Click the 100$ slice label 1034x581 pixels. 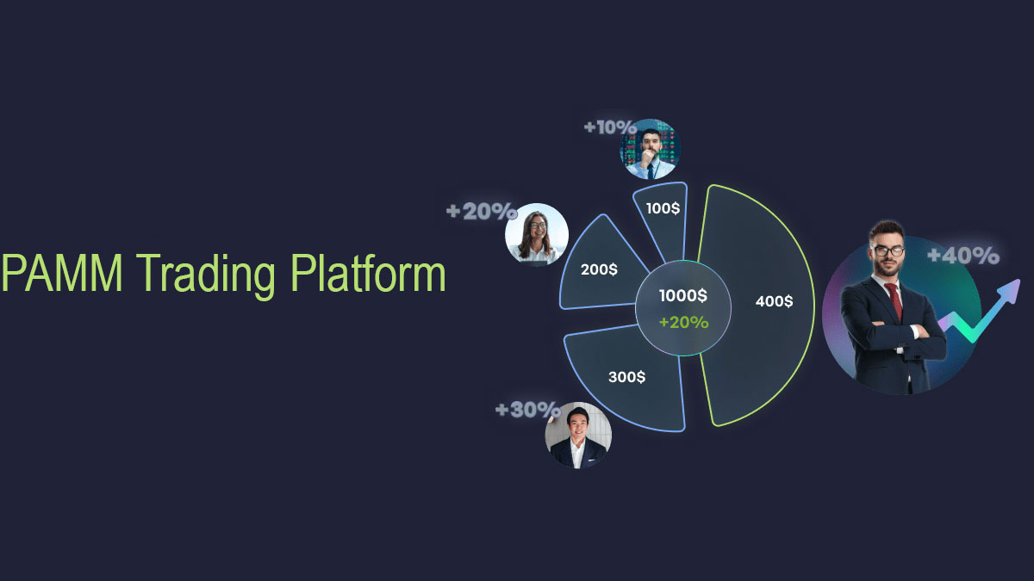[663, 208]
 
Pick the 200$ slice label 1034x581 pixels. [599, 269]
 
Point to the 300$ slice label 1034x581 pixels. [626, 376]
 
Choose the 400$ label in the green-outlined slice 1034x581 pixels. [774, 301]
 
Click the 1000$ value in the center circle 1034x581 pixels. [683, 296]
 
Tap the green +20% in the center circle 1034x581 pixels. [683, 322]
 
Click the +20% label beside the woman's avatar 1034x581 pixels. [481, 212]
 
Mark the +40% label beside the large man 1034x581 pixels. [963, 256]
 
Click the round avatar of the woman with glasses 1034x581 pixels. [536, 234]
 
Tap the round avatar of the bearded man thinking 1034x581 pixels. [651, 149]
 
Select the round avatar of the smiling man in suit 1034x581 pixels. [578, 435]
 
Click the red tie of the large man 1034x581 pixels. [894, 301]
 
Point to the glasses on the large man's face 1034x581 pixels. [888, 251]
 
